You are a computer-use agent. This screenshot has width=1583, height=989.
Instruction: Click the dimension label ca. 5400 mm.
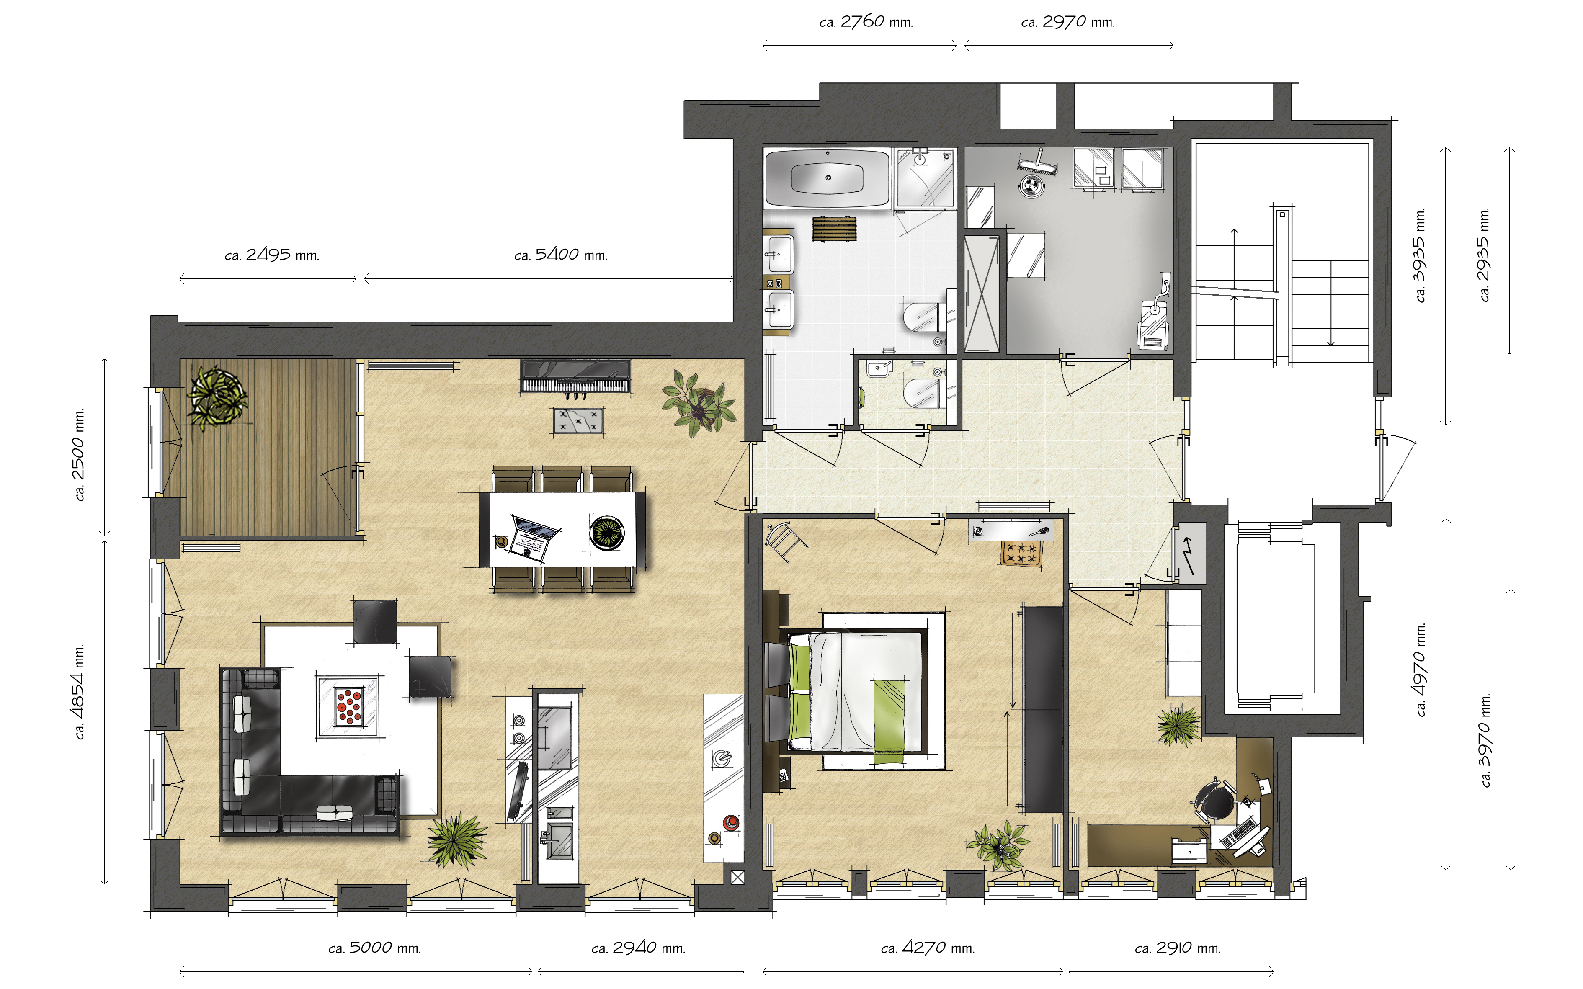click(561, 255)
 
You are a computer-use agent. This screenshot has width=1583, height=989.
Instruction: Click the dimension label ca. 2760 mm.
click(866, 22)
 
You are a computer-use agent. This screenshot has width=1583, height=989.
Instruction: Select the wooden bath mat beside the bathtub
click(834, 229)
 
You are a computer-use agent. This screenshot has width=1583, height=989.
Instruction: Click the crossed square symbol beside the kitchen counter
click(737, 877)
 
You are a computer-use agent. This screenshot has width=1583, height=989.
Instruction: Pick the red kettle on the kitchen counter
click(731, 823)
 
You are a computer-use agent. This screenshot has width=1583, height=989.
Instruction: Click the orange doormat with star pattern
click(1021, 554)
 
